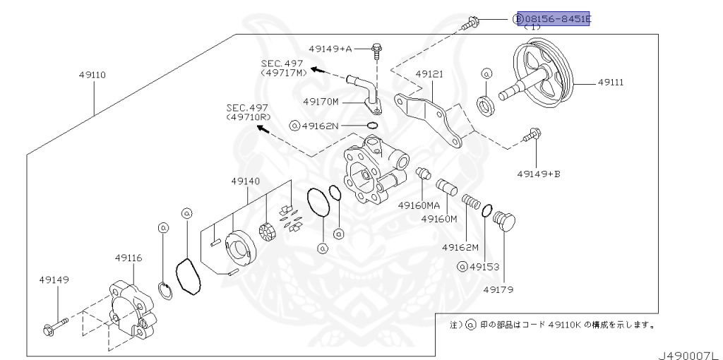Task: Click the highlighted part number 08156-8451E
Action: point(554,18)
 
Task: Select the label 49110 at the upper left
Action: point(92,73)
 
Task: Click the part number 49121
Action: point(429,73)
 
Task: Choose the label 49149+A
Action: point(330,49)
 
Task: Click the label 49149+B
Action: point(538,172)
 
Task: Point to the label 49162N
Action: point(319,126)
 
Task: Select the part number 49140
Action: point(245,181)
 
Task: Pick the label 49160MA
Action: point(419,205)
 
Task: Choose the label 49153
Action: point(483,267)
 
